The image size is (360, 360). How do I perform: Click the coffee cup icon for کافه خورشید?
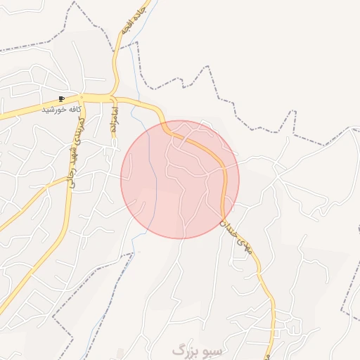point(62,99)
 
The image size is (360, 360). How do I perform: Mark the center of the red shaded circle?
point(180,179)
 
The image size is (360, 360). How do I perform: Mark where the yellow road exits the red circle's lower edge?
point(223,219)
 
